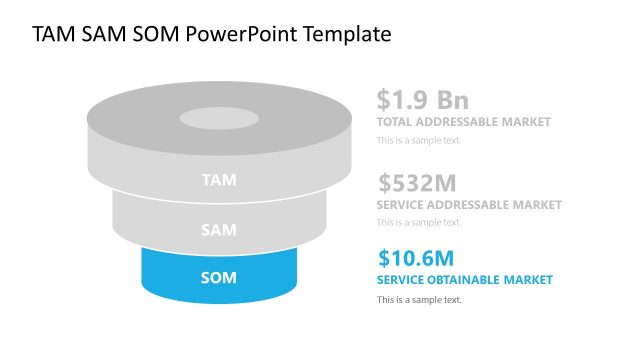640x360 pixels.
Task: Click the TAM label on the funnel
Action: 219,181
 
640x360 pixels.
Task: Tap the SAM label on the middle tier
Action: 219,230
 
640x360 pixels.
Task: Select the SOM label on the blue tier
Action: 219,278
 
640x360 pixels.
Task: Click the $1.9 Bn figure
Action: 422,100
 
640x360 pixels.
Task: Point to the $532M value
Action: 417,183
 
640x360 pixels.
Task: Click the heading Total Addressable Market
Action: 463,122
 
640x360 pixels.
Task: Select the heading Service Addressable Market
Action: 468,205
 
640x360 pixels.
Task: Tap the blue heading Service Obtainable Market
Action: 464,279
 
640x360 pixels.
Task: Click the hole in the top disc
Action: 217,119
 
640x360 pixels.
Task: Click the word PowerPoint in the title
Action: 250,35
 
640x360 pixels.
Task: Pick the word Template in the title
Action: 350,35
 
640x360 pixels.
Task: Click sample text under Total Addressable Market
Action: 418,140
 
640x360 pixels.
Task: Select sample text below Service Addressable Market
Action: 418,222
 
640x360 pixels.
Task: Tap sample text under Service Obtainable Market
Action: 418,300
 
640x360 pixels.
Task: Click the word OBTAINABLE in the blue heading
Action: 468,279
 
